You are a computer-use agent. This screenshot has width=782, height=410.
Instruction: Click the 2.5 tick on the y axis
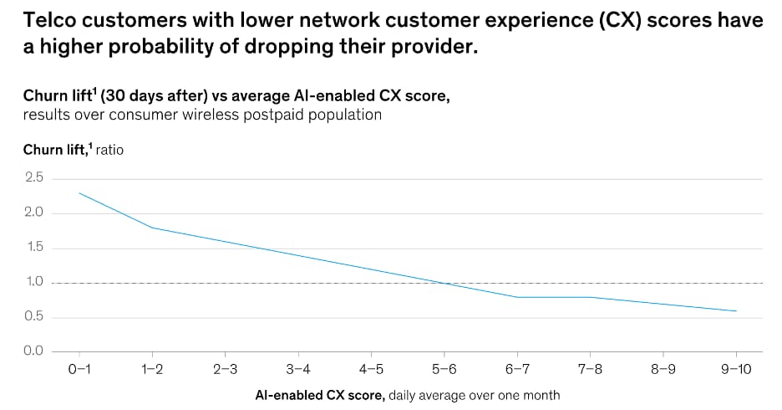point(33,177)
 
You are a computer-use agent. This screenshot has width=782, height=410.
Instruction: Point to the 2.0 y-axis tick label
point(33,213)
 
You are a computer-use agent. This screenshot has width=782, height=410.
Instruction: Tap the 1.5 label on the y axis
point(33,247)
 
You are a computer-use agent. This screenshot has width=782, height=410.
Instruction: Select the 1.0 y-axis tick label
point(33,282)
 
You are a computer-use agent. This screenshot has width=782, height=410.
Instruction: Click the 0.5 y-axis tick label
point(33,316)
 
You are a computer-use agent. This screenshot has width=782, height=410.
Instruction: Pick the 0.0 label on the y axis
point(33,351)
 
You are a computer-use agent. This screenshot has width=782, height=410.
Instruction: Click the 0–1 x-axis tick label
point(79,370)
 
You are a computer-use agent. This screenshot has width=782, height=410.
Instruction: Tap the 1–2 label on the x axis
point(152,370)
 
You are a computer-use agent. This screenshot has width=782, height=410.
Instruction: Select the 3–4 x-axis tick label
point(298,370)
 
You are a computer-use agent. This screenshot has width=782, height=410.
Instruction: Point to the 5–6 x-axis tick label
point(444,370)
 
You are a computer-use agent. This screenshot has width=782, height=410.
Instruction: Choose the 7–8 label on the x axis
point(590,370)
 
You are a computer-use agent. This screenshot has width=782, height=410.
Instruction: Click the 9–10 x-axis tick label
point(736,370)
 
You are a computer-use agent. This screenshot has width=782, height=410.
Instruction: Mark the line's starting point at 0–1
point(79,192)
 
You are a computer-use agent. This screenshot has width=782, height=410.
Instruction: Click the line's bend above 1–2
point(152,228)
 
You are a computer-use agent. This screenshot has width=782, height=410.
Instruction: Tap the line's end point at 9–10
point(736,311)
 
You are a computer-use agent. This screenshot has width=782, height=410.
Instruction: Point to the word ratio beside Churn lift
point(109,150)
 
